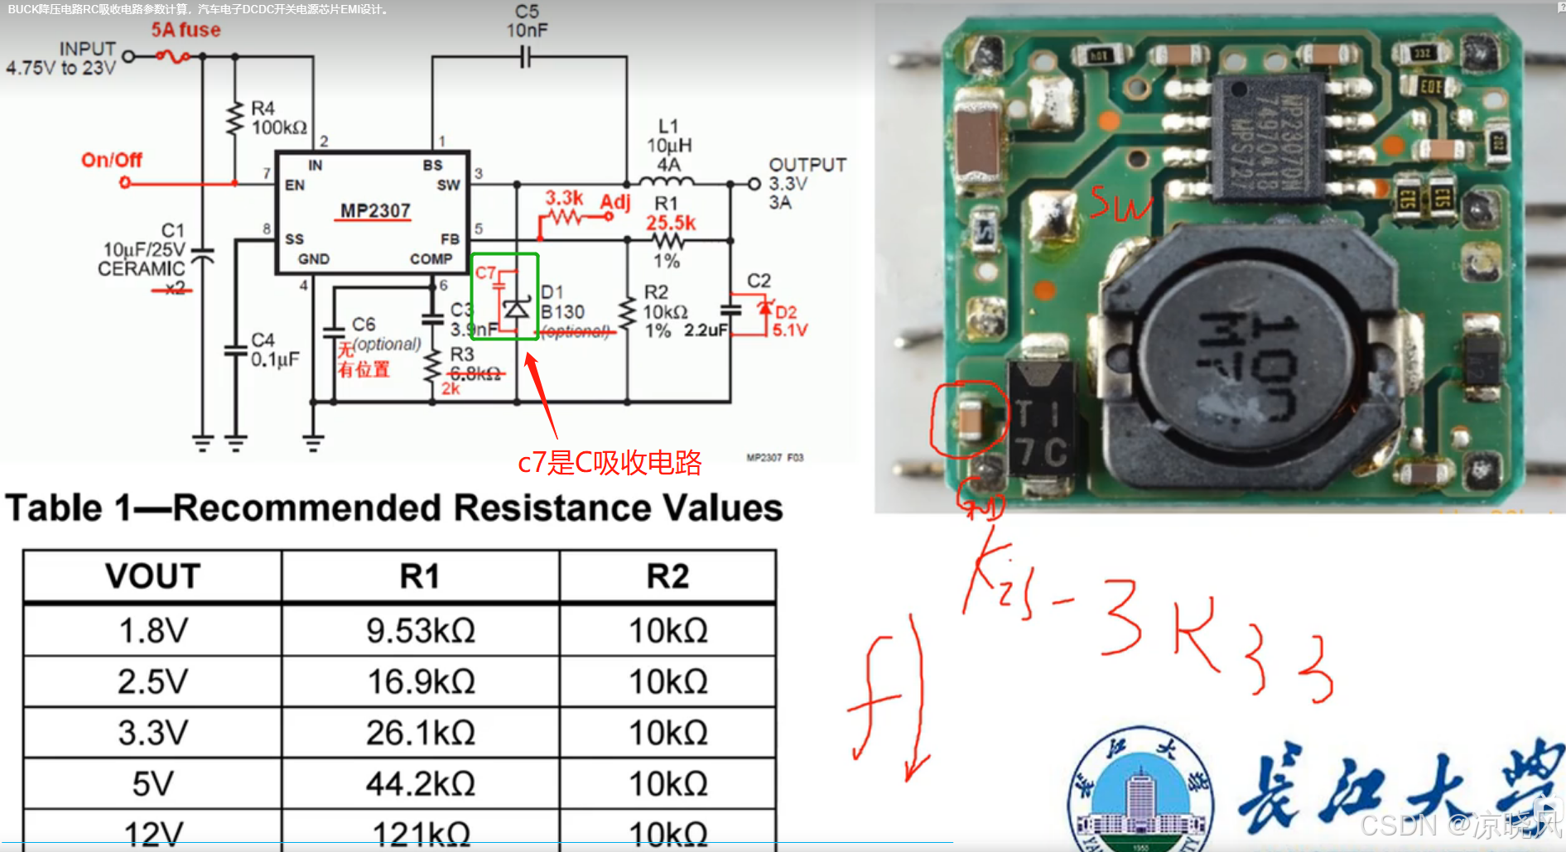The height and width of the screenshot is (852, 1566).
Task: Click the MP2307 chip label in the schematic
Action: pos(375,210)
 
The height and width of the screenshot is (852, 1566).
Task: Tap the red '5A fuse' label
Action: pos(186,31)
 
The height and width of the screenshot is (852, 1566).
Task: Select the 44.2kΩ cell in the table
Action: pos(420,783)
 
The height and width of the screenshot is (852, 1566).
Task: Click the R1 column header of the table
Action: pos(420,576)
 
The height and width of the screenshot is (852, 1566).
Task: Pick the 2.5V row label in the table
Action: pos(152,681)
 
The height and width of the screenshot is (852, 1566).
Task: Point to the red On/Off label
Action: pos(112,160)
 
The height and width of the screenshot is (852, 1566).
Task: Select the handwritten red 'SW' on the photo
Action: pos(1120,203)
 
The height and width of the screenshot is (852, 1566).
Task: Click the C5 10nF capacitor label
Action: pos(527,22)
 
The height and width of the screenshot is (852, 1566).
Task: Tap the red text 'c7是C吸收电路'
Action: pos(610,462)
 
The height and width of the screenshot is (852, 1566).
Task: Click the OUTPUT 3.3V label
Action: pos(806,175)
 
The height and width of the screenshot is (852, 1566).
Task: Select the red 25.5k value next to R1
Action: pos(671,223)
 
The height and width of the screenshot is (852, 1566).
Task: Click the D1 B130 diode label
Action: pos(561,302)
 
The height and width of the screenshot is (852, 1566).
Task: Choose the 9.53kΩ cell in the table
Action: pos(420,631)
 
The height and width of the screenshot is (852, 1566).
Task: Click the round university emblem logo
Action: pos(1140,791)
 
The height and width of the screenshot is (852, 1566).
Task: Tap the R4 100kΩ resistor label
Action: pos(278,118)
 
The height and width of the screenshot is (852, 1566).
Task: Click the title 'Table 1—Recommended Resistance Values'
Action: pos(394,508)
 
